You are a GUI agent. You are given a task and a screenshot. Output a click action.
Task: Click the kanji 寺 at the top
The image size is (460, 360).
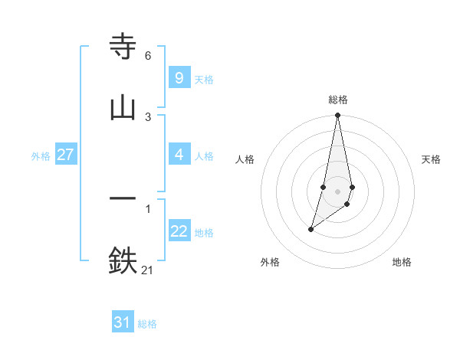point(123,47)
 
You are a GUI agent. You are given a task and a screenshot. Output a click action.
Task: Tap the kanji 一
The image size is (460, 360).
point(123,198)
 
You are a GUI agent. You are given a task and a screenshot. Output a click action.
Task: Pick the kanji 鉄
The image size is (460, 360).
point(123,260)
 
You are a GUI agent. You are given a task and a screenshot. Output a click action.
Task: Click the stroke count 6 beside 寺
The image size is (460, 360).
point(148,56)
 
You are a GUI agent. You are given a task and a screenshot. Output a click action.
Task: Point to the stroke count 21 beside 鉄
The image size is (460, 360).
point(148,269)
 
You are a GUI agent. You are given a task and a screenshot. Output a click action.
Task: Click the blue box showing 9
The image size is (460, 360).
point(179,78)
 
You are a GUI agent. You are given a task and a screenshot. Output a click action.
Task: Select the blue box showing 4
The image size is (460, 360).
point(179,155)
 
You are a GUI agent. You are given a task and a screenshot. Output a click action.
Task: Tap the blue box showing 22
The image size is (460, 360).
point(179,231)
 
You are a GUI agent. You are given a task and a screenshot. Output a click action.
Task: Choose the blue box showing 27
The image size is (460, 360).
point(65,155)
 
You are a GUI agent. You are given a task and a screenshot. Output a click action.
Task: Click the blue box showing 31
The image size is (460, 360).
point(123,322)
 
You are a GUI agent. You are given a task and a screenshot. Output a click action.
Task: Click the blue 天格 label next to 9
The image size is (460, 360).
point(204,80)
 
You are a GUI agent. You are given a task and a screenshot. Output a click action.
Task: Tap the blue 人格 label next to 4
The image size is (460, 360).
point(204,156)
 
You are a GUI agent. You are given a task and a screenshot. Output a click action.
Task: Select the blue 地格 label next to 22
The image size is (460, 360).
point(204,233)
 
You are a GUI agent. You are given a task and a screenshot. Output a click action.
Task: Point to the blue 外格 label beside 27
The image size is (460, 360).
point(41,156)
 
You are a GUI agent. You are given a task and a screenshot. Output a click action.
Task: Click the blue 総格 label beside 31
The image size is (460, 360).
point(147,324)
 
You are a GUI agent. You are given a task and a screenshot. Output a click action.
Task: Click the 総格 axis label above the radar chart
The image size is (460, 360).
point(338,100)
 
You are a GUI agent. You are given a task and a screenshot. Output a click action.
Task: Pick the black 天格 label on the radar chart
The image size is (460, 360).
point(431,159)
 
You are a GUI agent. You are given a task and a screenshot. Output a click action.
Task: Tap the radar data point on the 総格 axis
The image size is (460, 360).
point(337,116)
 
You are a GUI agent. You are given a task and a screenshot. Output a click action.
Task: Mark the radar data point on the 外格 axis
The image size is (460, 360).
point(310,229)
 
